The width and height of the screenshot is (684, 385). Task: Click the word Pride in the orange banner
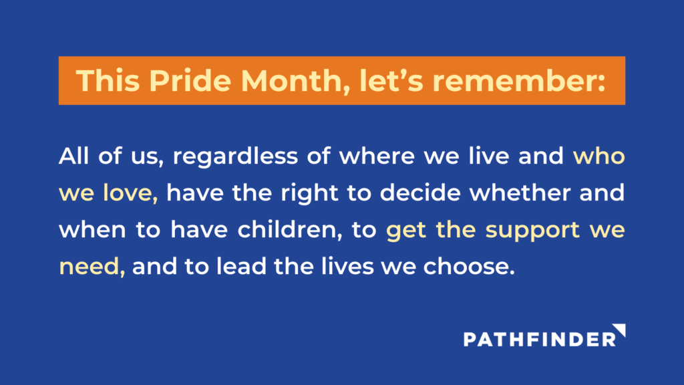tap(190, 81)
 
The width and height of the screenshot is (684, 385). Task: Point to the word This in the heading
tap(108, 81)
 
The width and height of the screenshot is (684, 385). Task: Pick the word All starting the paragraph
tap(73, 156)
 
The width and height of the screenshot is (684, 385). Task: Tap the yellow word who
tap(599, 156)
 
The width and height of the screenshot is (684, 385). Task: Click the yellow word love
tap(130, 193)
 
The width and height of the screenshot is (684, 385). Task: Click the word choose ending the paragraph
tap(469, 266)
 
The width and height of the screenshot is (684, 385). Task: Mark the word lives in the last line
tap(347, 266)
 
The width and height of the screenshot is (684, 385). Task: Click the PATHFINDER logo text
tap(540, 339)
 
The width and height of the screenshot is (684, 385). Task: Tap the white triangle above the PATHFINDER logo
tap(621, 329)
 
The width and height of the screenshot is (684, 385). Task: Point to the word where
tap(377, 156)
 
